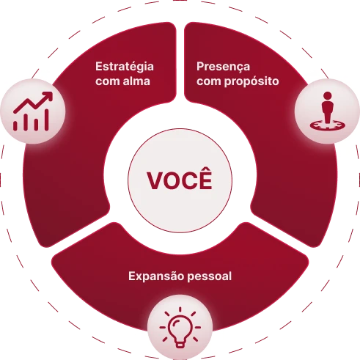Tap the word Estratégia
point(125,67)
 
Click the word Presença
point(223,67)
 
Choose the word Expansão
point(156,276)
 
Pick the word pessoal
point(210,276)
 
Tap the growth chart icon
point(33,111)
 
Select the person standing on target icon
point(327,111)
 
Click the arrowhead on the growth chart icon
point(48,96)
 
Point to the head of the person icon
point(327,96)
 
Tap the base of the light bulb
point(180,345)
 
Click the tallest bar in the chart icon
point(46,120)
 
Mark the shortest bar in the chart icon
point(15,125)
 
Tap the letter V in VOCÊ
point(155,180)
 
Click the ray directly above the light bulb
point(180,309)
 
